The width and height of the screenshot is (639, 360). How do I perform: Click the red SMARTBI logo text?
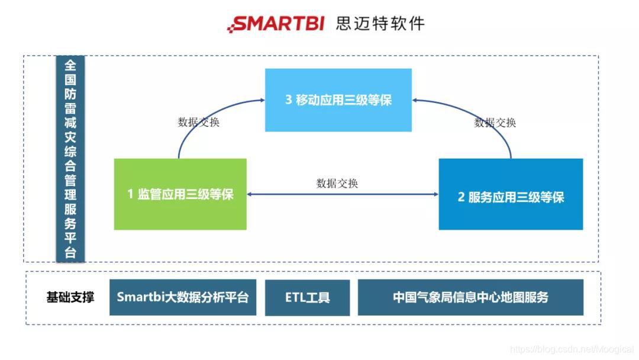276,24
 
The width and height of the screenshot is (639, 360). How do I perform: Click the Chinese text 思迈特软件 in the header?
380,24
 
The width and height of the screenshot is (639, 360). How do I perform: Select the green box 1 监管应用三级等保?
180,194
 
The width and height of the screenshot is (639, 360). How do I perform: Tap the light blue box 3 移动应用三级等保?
338,100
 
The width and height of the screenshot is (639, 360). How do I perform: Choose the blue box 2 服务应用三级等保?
511,197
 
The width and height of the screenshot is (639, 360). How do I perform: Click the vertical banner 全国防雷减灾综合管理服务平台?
70,159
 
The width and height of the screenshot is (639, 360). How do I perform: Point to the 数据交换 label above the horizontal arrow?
337,183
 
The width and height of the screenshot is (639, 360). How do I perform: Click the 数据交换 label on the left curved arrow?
199,123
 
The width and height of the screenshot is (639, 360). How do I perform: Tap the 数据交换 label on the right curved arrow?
495,123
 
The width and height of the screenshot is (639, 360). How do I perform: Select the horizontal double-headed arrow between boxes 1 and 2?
342,194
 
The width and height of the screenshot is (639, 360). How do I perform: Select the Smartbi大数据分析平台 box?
183,297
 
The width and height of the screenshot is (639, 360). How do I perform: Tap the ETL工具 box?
307,297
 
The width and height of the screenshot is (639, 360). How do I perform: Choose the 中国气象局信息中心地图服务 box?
470,297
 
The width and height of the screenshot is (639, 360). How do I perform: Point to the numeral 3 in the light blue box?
289,100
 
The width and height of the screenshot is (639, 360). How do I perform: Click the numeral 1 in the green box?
130,194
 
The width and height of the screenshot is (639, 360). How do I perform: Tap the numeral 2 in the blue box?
461,197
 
